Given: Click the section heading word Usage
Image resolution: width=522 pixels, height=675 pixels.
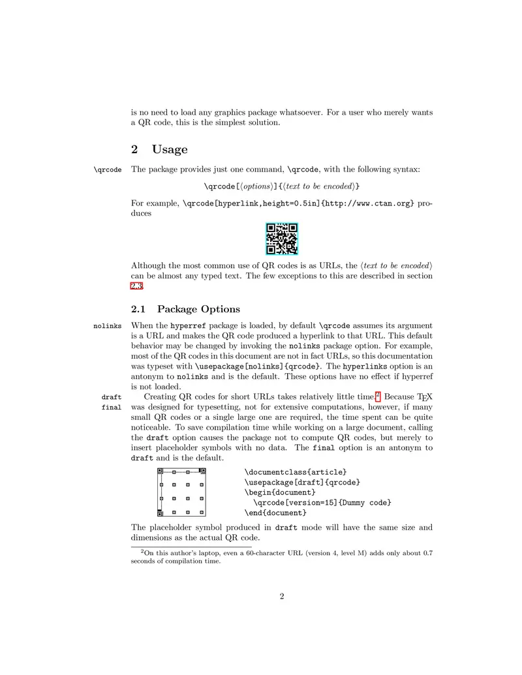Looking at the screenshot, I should click(x=170, y=149).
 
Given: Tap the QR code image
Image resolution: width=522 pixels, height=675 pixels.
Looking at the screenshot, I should click(x=282, y=239).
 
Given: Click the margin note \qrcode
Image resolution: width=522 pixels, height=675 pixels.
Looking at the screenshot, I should click(x=108, y=170).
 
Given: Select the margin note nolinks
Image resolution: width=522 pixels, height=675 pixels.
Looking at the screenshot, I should click(x=107, y=325).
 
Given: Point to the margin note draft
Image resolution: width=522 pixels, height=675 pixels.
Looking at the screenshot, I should click(x=112, y=397).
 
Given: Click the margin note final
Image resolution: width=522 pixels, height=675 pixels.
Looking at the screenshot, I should click(x=112, y=408).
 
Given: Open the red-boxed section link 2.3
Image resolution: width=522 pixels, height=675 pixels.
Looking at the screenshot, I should click(x=137, y=286).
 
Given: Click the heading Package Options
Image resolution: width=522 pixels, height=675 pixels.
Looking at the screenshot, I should click(x=198, y=308).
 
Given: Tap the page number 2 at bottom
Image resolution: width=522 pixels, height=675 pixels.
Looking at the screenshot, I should click(x=282, y=595).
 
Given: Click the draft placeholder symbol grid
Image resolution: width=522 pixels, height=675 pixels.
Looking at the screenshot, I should click(x=181, y=492).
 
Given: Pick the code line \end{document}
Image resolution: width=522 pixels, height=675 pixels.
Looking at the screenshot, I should click(x=275, y=513).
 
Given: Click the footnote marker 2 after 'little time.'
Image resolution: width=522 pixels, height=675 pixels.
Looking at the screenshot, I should click(x=378, y=394).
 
